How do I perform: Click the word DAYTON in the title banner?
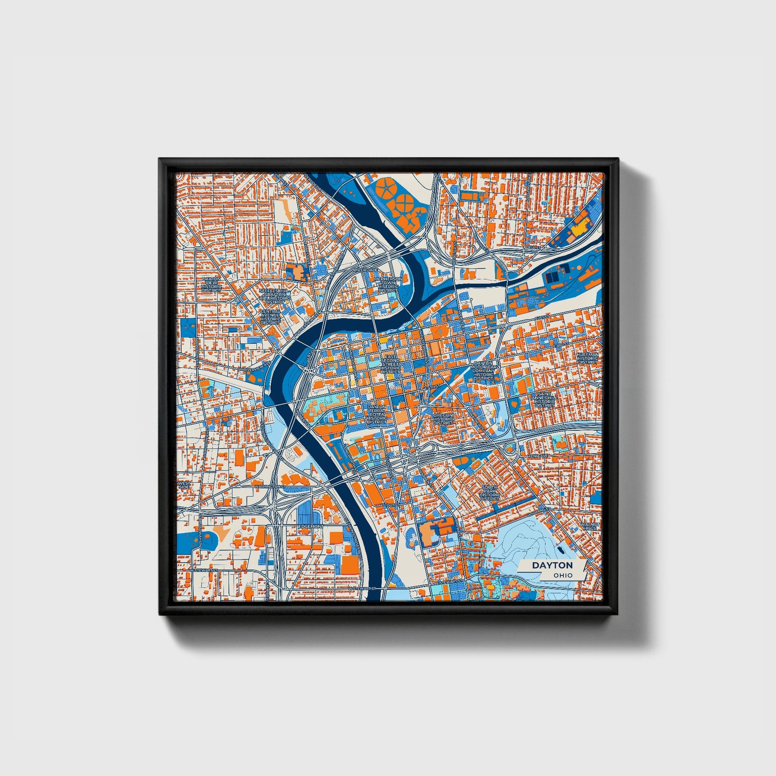[x=552, y=565]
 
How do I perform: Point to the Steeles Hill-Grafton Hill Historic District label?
[x=274, y=296]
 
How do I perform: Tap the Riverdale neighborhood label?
[x=365, y=270]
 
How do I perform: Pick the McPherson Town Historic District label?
[x=388, y=285]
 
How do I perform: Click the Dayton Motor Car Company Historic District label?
[x=484, y=371]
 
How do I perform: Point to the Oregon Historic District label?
[x=443, y=419]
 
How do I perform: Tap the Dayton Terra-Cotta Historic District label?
[x=377, y=414]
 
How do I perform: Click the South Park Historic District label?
[x=490, y=491]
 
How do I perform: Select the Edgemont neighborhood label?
[x=311, y=526]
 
